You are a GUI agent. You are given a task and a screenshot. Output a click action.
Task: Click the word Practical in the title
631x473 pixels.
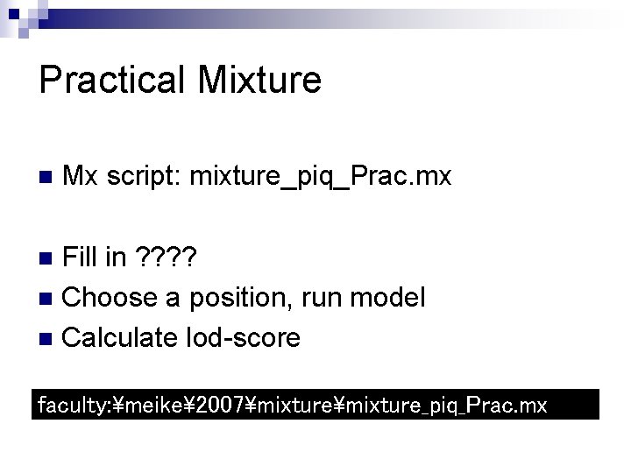pos(112,80)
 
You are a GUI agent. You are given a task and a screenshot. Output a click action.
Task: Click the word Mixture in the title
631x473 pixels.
pos(259,80)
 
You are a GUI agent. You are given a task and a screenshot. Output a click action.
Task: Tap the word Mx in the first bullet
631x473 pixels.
pos(82,177)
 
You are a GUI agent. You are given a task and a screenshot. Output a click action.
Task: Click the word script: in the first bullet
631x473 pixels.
pos(142,178)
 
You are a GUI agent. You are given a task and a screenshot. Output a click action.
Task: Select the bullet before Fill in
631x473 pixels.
pos(49,259)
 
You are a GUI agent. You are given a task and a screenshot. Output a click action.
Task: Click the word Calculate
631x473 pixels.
pos(119,337)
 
